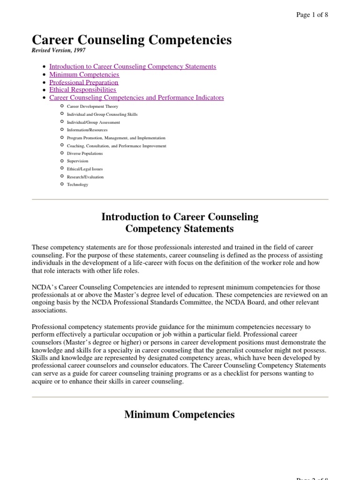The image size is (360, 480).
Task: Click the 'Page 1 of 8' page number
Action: tap(312, 15)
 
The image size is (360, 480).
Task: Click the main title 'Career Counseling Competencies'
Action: tap(132, 40)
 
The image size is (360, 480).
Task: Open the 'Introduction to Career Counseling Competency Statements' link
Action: tap(133, 67)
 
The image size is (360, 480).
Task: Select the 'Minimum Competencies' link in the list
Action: tap(84, 75)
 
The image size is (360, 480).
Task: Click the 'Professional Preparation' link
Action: tap(84, 82)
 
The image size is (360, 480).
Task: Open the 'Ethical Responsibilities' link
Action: tap(82, 90)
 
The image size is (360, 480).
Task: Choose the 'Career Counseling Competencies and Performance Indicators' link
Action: tap(136, 97)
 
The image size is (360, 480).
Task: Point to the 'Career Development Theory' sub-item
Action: tap(93, 107)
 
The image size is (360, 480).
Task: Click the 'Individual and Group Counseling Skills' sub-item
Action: tap(102, 114)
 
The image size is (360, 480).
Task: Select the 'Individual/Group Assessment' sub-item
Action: tap(93, 122)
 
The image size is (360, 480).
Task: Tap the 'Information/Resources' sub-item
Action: tap(87, 130)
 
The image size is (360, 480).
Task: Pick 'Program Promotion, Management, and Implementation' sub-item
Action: tap(116, 138)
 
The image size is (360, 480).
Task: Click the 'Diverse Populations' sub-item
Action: tap(85, 153)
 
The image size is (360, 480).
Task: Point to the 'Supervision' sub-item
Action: tap(77, 161)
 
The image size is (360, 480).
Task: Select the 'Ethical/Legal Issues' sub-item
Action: tap(85, 169)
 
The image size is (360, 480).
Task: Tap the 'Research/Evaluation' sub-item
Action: tap(85, 177)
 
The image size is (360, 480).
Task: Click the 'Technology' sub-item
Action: tap(77, 185)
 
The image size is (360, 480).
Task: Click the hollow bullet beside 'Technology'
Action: tap(62, 184)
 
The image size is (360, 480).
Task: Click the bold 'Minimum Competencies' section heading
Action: tap(180, 414)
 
